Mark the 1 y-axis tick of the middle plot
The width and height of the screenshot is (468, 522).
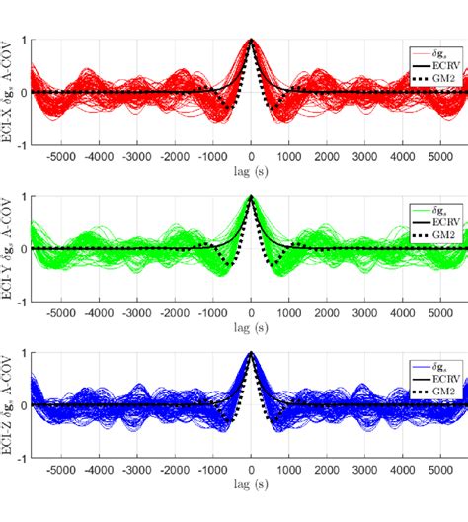[24, 196]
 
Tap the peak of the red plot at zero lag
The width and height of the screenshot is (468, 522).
[251, 40]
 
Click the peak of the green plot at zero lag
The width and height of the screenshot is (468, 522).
[251, 196]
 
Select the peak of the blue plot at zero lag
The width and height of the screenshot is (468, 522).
[251, 353]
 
